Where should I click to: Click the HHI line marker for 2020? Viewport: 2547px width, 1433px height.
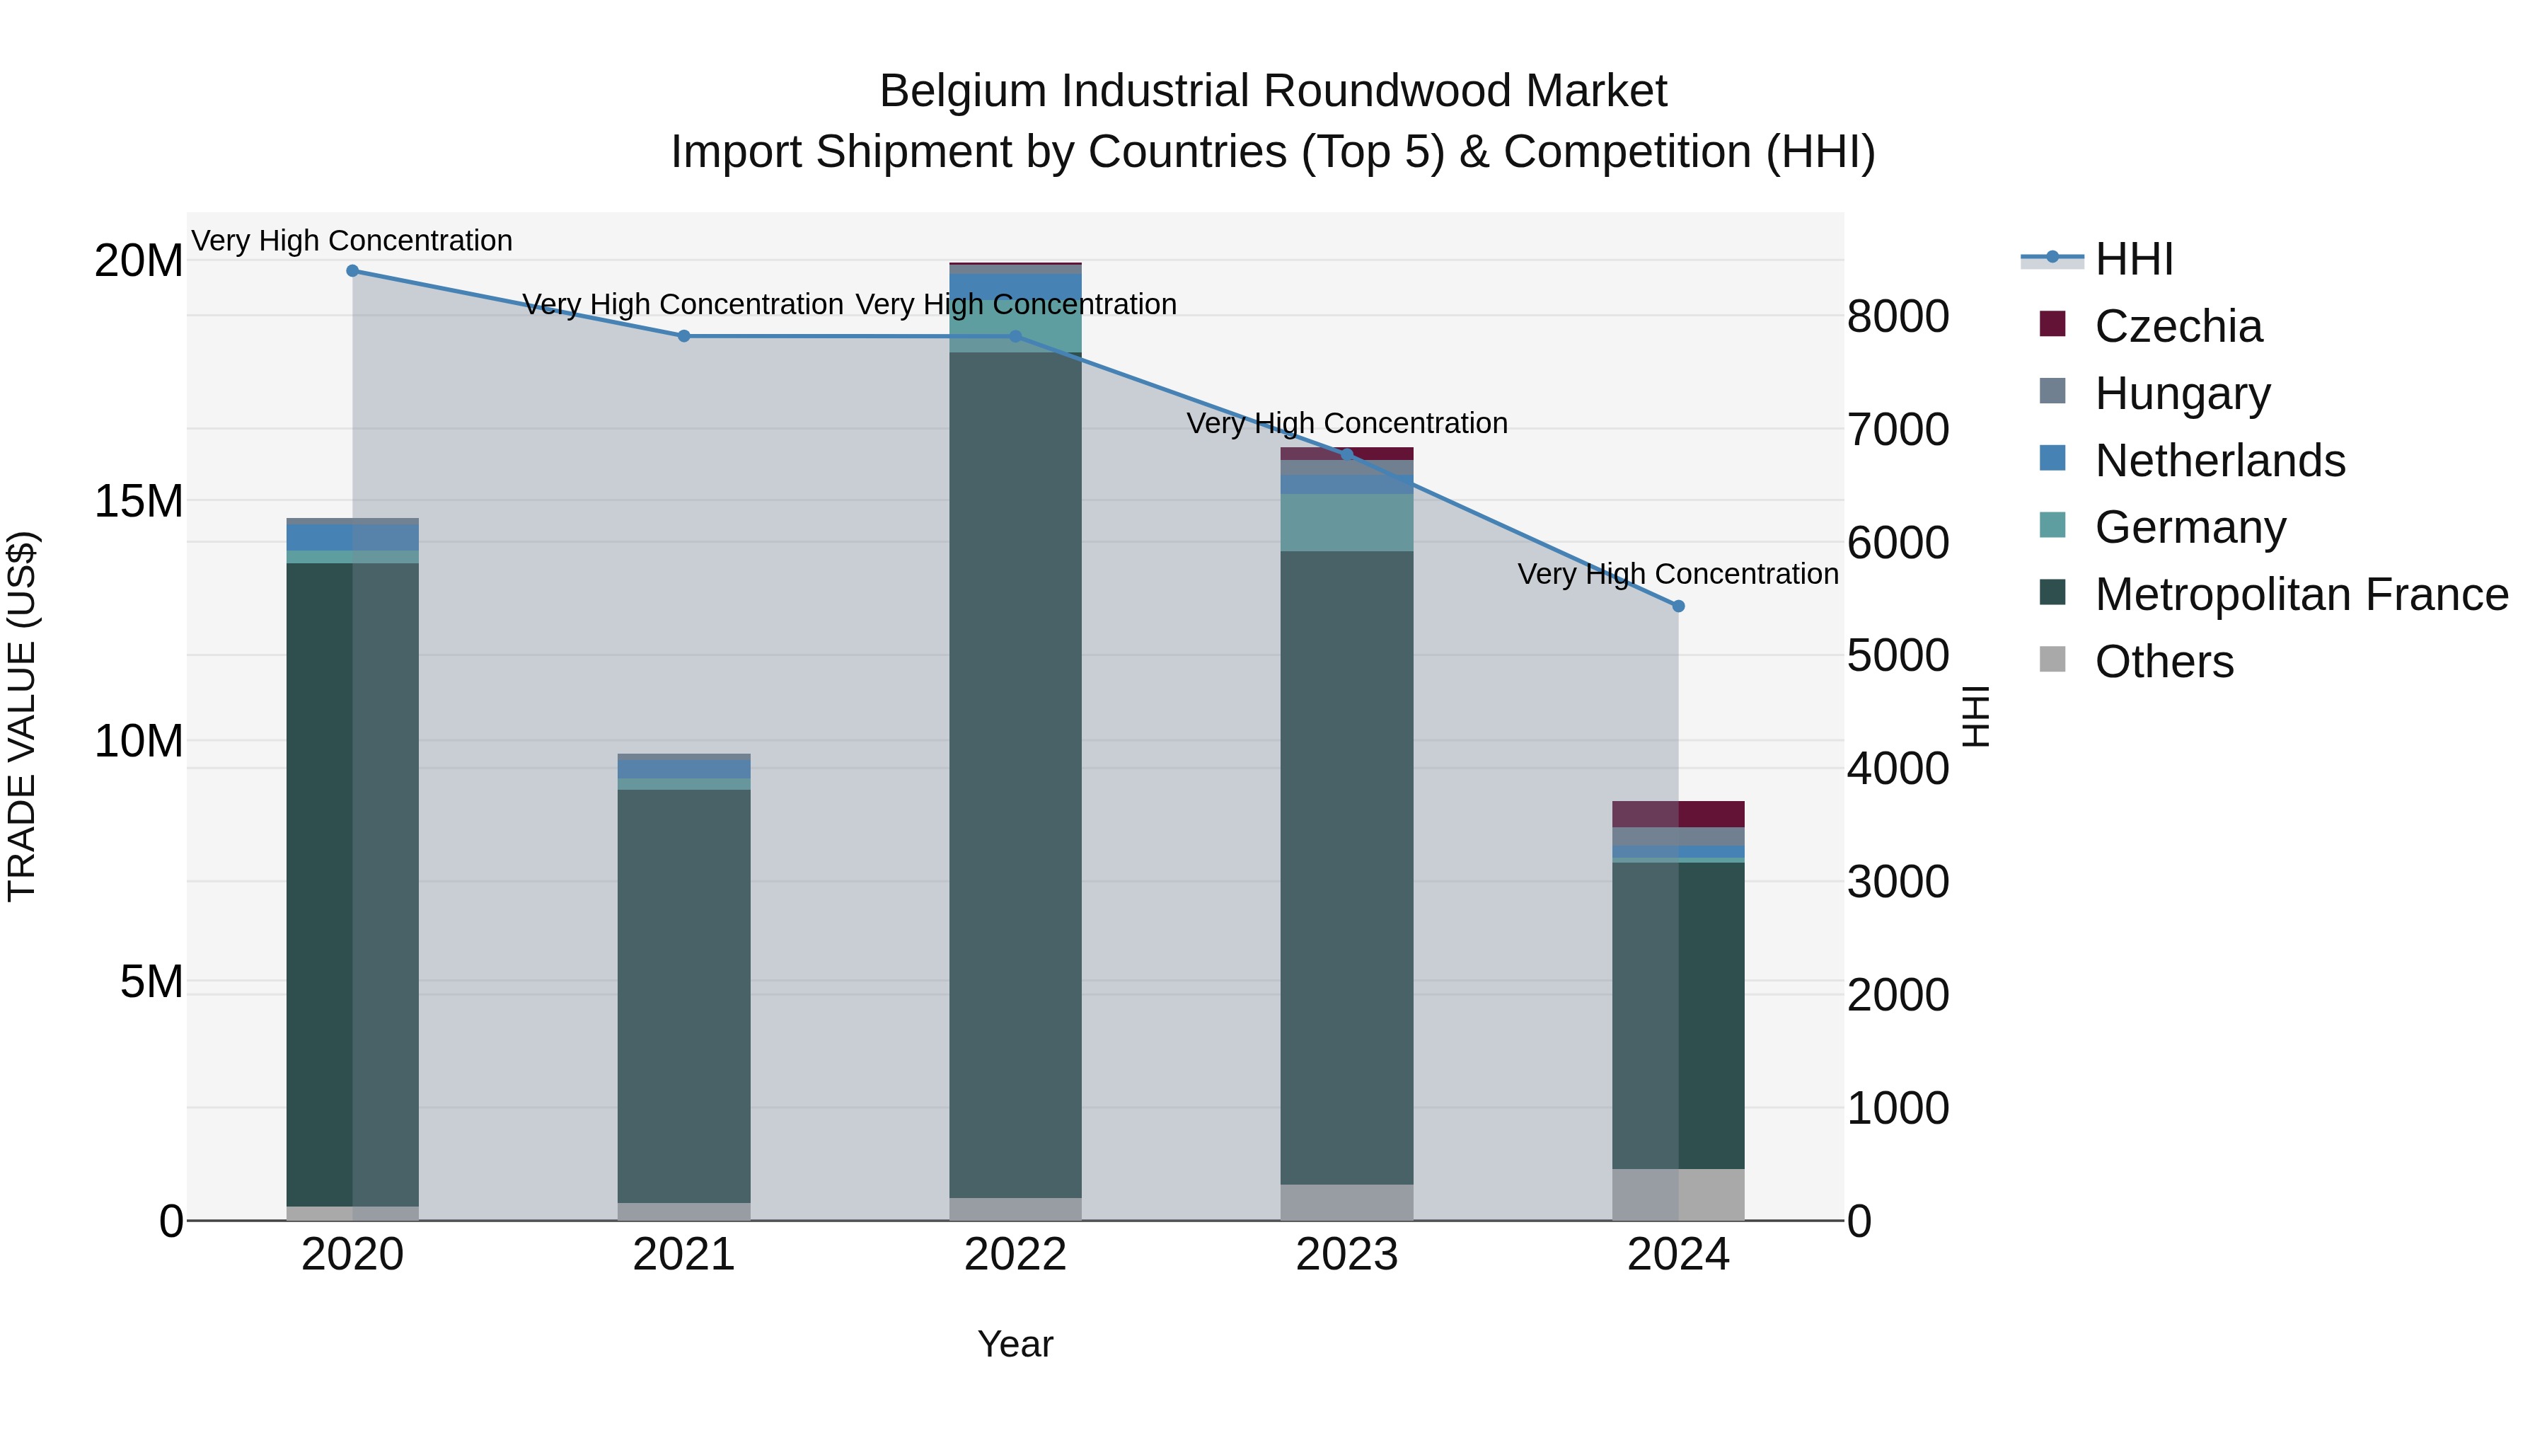(x=352, y=271)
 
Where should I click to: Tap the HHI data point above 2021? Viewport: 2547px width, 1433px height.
(x=683, y=336)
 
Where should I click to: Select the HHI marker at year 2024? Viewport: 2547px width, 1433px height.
(x=1678, y=606)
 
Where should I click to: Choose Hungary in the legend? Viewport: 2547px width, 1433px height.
(x=2182, y=393)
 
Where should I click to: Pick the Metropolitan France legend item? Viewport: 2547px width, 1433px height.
(x=2301, y=594)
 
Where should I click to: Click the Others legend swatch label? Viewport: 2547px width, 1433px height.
(x=2164, y=662)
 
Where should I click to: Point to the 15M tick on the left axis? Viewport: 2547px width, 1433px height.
(x=139, y=502)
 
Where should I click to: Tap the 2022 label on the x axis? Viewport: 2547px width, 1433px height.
(x=1015, y=1255)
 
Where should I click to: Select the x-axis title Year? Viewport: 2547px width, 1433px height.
(x=1015, y=1344)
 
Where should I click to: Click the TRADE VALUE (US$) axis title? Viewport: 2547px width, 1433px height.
(x=22, y=716)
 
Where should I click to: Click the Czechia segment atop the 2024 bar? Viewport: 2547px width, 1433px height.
(x=1678, y=814)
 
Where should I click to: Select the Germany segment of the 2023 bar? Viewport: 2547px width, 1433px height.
(x=1346, y=522)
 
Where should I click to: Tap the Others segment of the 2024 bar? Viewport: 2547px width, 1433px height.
(x=1678, y=1195)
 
